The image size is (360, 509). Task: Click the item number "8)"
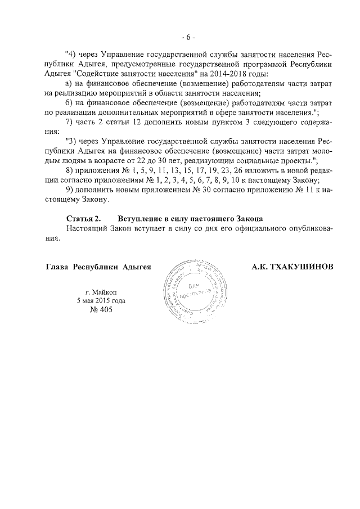coord(70,170)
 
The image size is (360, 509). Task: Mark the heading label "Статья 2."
coord(83,218)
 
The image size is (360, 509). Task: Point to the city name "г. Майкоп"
coord(101,291)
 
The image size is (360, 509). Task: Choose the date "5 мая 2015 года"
coord(101,300)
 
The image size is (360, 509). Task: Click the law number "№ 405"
coord(101,310)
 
